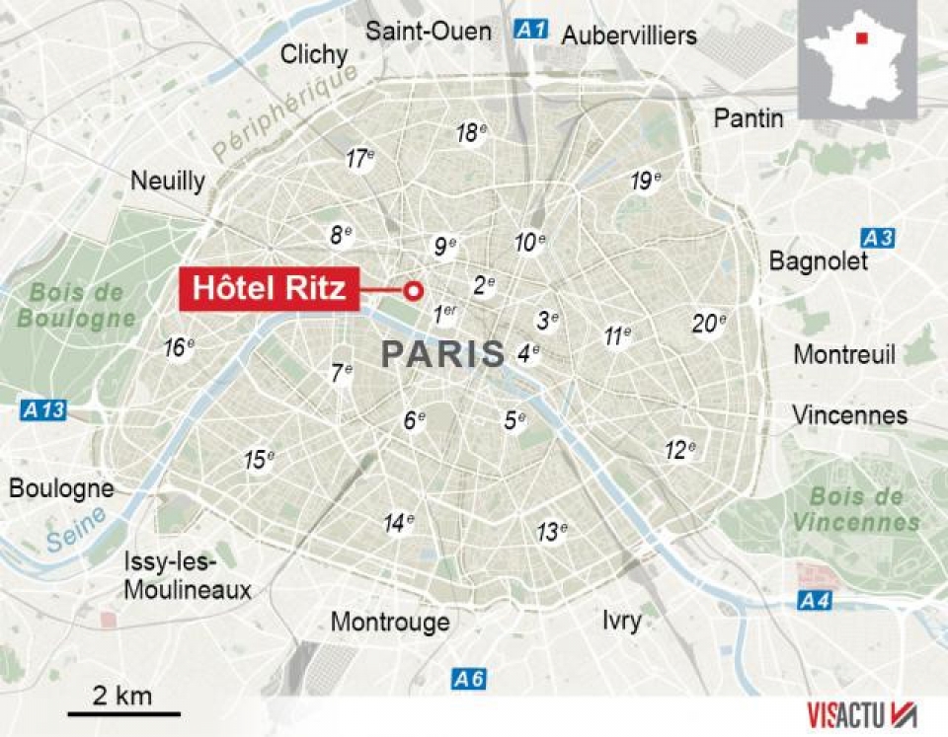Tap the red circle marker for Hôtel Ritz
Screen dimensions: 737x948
[414, 290]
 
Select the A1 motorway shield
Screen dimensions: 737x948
[530, 30]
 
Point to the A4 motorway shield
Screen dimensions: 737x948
[815, 599]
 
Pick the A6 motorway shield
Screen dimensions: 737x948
[469, 679]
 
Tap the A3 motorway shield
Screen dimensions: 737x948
[877, 238]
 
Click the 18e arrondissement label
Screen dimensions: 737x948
[471, 133]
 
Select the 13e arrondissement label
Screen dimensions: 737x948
[551, 532]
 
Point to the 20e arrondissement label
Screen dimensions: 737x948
[709, 323]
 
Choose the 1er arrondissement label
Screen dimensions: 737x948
[446, 315]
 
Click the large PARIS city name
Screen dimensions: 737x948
[442, 354]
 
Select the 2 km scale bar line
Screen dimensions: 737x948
[124, 712]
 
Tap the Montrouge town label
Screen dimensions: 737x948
[390, 622]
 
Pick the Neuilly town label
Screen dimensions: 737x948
[168, 181]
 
